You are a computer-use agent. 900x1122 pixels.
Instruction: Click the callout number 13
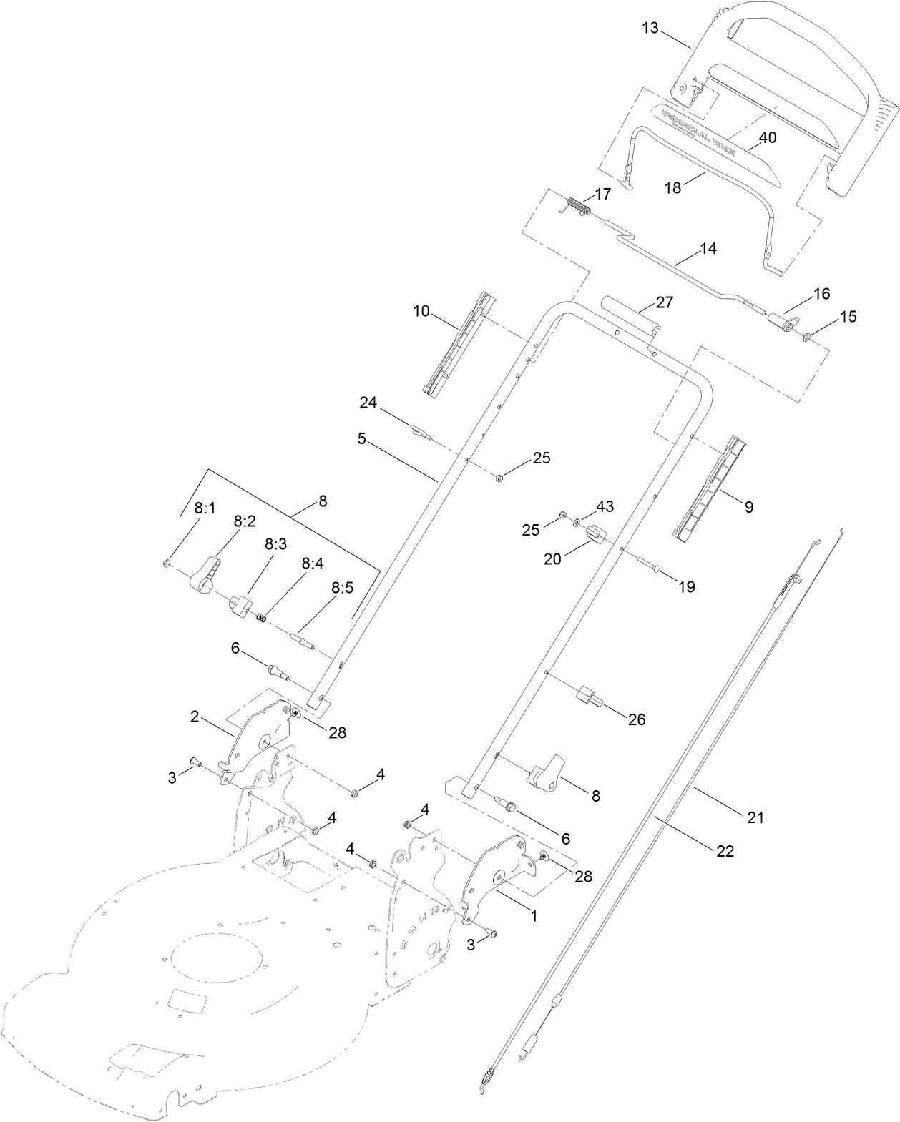[x=650, y=28]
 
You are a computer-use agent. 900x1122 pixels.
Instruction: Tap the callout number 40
[x=767, y=137]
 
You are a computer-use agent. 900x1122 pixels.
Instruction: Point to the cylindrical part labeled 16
[x=781, y=321]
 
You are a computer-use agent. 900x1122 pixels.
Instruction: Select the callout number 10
[x=421, y=311]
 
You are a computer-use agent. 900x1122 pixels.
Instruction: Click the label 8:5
[x=342, y=588]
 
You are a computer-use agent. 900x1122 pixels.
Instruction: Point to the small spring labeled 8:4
[x=263, y=617]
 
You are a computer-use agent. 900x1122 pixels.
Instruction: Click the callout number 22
[x=725, y=851]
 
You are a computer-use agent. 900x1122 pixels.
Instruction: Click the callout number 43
[x=605, y=506]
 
